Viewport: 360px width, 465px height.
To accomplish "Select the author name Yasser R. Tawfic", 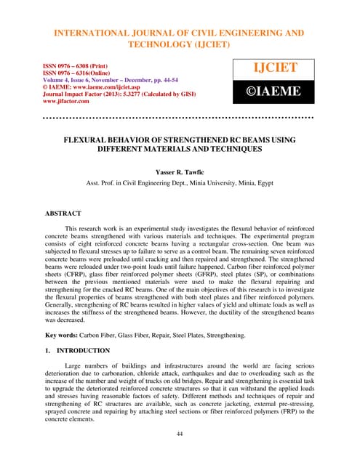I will (x=180, y=172).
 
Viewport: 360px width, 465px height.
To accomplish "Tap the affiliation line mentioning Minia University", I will (x=180, y=184).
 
